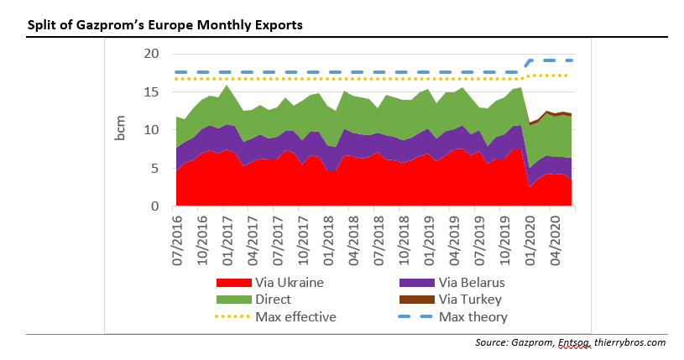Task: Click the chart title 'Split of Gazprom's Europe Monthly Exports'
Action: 165,25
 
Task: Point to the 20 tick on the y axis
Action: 151,54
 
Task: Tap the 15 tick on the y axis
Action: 151,92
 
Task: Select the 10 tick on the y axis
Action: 151,130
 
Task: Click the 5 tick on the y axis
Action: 154,169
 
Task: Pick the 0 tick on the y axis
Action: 154,206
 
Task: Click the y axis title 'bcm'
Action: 122,131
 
